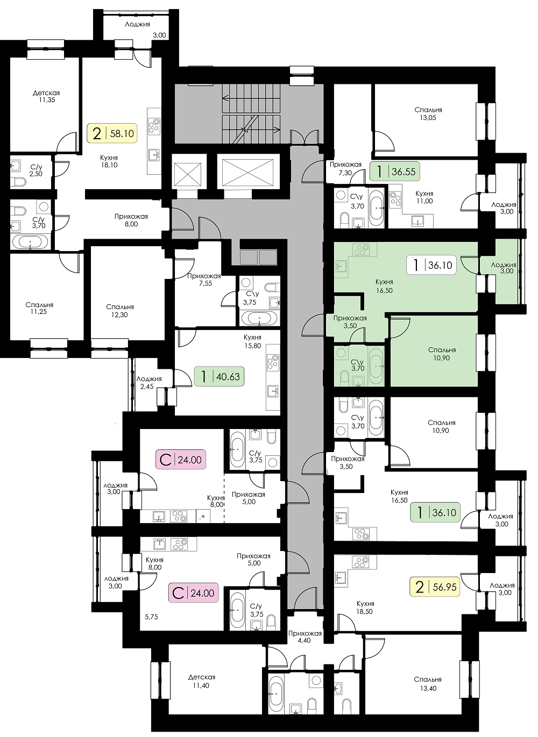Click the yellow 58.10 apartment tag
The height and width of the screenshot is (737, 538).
(112, 133)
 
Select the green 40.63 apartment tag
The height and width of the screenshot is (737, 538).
(219, 376)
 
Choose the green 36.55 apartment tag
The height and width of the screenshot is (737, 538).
(395, 171)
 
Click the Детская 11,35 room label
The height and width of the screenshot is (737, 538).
(46, 96)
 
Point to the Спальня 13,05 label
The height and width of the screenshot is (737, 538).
(428, 114)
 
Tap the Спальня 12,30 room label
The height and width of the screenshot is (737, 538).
(120, 311)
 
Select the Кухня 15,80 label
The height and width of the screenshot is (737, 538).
(252, 341)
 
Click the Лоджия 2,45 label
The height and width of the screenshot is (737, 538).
(149, 383)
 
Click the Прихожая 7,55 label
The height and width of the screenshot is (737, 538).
(204, 280)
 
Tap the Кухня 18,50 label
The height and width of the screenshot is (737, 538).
(365, 607)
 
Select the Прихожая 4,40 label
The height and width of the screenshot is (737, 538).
(305, 637)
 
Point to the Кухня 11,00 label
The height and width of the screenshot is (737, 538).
(424, 197)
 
